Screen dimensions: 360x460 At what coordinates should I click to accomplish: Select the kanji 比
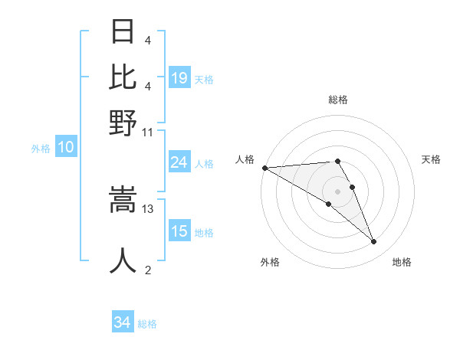click(123, 77)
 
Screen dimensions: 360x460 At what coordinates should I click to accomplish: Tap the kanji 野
click(123, 122)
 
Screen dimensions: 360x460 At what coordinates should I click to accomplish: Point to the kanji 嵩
click(123, 201)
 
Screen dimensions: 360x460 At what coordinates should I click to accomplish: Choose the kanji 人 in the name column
click(123, 260)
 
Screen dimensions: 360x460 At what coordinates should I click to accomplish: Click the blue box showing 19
click(179, 77)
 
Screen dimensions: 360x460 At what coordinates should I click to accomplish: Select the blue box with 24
click(179, 162)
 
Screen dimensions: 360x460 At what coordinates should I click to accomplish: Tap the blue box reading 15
click(179, 231)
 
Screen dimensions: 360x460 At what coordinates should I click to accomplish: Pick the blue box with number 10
click(66, 148)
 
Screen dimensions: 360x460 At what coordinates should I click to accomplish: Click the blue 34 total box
click(123, 323)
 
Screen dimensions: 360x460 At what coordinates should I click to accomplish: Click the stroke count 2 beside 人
click(148, 270)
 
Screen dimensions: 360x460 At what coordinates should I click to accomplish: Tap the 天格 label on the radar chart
click(431, 159)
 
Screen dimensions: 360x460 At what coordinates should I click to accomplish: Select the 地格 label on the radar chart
click(402, 262)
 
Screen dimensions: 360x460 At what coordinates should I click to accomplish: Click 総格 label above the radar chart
click(337, 100)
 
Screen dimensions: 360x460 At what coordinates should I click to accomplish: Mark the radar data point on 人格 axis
click(264, 168)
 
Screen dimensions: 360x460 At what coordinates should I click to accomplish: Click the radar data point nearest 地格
click(374, 242)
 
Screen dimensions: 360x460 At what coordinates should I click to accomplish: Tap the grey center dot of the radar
click(337, 191)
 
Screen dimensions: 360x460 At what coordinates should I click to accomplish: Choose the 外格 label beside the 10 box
click(40, 149)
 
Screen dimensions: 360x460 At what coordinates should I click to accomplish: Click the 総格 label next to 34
click(147, 324)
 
